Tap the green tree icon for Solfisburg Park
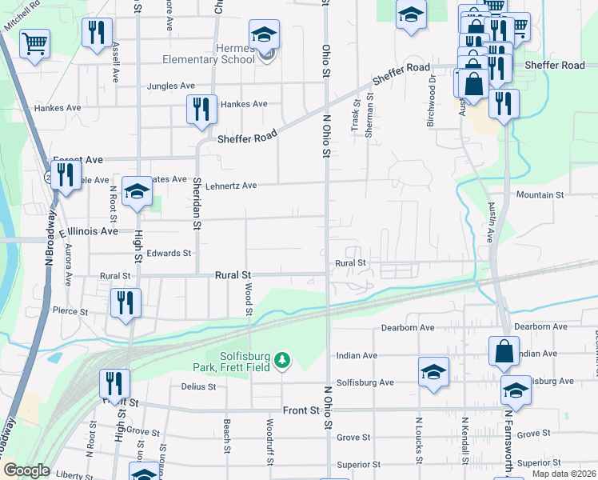281,362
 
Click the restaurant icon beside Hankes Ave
201,109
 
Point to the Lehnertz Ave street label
231,186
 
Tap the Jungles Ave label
170,86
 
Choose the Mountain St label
540,195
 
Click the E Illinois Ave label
89,231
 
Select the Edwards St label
169,254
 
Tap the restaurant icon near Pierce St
126,302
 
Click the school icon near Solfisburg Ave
433,371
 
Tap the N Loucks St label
418,439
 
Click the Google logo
26,470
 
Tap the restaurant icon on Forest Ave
66,175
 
